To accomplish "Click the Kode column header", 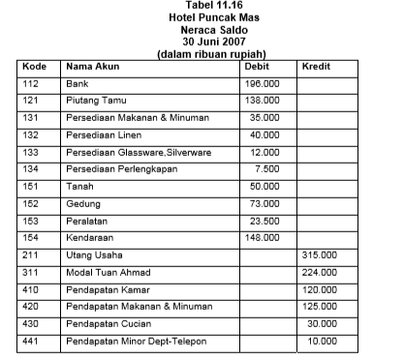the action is point(34,66).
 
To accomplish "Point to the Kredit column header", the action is point(317,66).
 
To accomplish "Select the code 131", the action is point(32,117).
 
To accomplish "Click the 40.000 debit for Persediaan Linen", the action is point(264,135).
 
